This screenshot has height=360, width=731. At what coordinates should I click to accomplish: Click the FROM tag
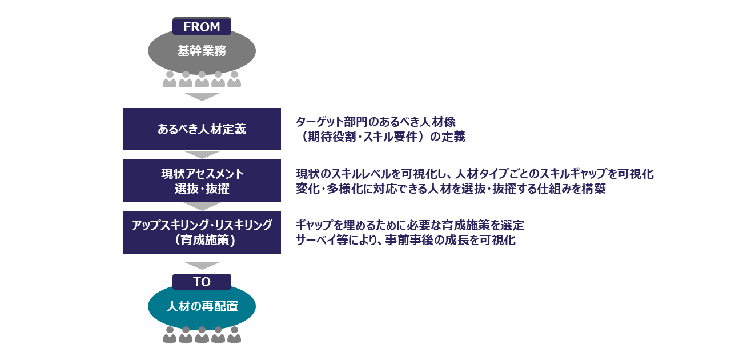202,26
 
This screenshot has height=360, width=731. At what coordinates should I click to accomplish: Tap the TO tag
202,282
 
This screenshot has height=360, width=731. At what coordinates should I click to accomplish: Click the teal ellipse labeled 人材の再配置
202,307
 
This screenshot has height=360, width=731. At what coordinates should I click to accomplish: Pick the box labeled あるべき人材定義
202,129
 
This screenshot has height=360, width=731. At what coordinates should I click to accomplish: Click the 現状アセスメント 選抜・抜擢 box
202,181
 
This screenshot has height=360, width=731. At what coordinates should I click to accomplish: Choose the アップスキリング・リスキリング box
202,233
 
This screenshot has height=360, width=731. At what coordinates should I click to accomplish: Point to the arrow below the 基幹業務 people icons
202,97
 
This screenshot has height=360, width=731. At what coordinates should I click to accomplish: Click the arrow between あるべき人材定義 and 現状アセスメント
202,154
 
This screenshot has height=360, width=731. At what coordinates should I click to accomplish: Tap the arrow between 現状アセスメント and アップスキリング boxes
202,206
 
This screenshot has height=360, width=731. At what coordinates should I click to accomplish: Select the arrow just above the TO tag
202,265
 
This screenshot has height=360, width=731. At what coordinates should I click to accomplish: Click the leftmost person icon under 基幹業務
170,79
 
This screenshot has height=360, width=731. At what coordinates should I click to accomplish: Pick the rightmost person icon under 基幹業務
234,79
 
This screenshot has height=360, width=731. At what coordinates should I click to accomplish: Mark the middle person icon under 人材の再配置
202,335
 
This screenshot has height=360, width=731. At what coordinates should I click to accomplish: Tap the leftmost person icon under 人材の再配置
170,335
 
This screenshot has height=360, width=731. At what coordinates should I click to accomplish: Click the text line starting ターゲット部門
375,122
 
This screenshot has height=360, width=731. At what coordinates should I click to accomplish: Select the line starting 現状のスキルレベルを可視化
475,174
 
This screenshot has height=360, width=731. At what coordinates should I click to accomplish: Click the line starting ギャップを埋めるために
409,225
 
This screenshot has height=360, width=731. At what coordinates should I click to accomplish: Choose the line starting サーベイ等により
405,240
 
